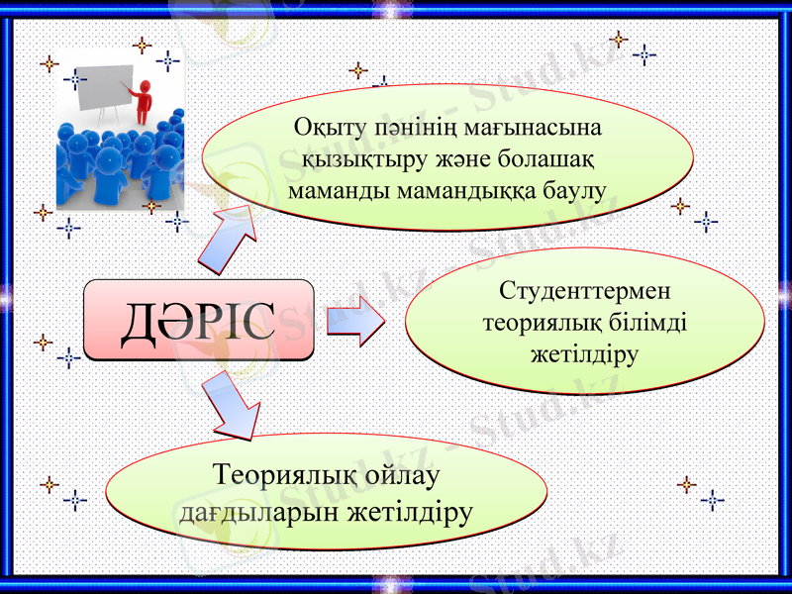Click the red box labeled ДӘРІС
point(198,319)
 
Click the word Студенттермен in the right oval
point(584,292)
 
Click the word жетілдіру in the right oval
point(584,353)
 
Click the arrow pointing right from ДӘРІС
point(355,321)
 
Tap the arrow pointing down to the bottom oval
point(232,406)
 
